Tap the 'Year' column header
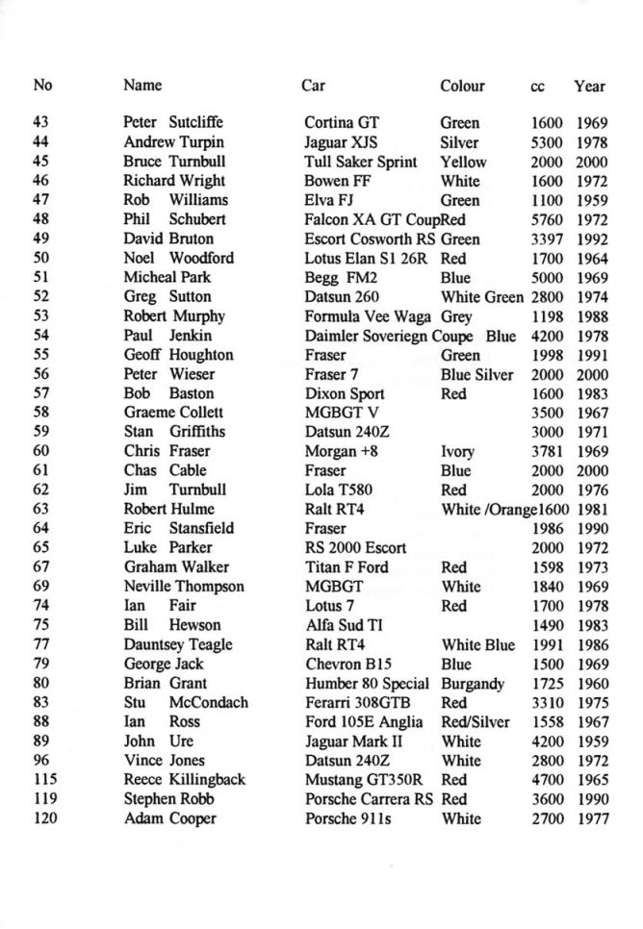pos(589,86)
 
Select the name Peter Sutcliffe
pos(173,123)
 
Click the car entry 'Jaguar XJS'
pos(340,142)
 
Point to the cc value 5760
pos(548,219)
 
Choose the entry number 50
pos(40,258)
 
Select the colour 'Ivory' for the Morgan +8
pos(458,451)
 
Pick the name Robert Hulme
pos(168,509)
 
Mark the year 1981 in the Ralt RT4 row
pos(592,509)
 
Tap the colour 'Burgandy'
pos(474,683)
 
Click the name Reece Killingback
pos(185,779)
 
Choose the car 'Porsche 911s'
pos(347,818)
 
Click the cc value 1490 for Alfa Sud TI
pos(548,625)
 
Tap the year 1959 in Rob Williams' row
pos(592,200)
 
